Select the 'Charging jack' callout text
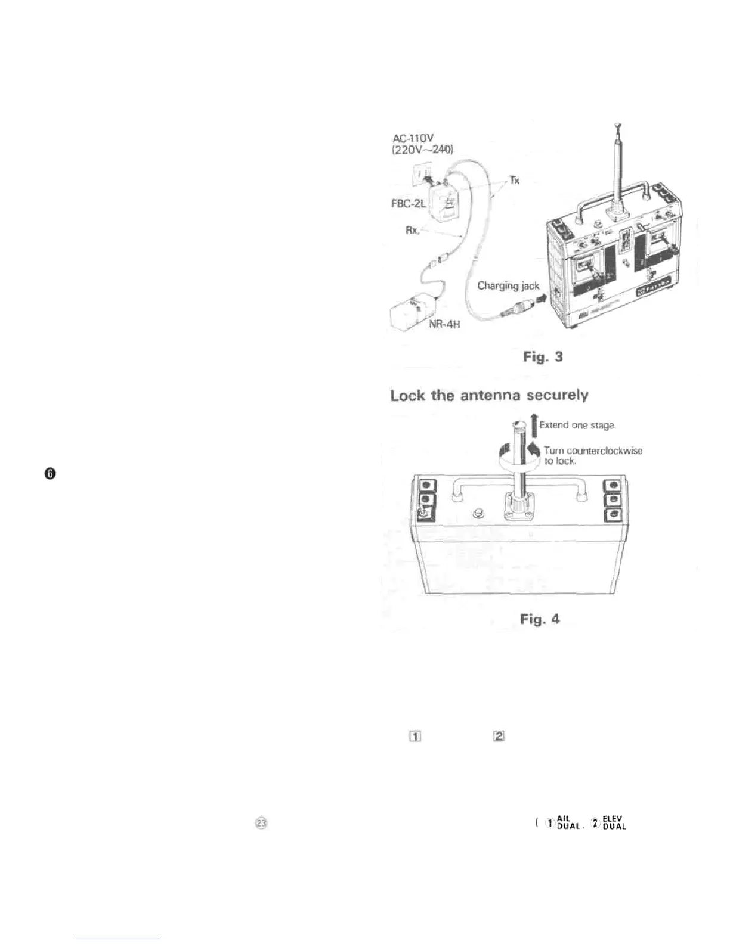pos(508,286)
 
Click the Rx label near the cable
pos(413,229)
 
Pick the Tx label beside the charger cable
pos(514,179)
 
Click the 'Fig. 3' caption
pos(542,356)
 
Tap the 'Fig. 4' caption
pos(540,619)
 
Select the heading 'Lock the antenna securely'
pos(489,395)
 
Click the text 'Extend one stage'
pos(577,425)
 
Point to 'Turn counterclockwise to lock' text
pos(592,455)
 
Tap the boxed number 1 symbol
pos(415,736)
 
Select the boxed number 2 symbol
pos(499,736)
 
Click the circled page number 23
pos(261,822)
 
